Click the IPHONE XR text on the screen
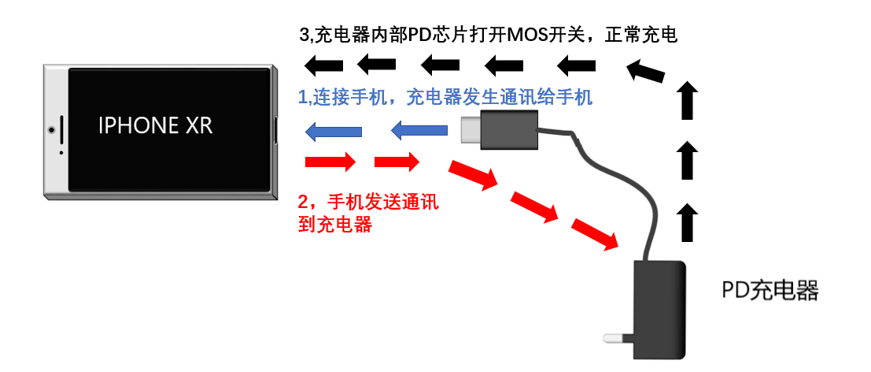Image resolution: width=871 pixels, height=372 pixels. coord(155,125)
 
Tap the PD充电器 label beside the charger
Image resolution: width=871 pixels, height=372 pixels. coord(770,292)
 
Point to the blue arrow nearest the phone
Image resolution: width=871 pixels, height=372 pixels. coord(332,131)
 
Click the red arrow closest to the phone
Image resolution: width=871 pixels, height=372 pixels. coord(331,163)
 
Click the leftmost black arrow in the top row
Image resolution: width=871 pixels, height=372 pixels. coord(324,64)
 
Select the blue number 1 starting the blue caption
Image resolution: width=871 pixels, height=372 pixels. coord(304,97)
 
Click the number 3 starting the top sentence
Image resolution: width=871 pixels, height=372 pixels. coord(305,35)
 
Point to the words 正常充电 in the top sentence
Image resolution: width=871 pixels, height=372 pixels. coord(645,35)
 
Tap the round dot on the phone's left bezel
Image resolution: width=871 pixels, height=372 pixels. coord(51,129)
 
